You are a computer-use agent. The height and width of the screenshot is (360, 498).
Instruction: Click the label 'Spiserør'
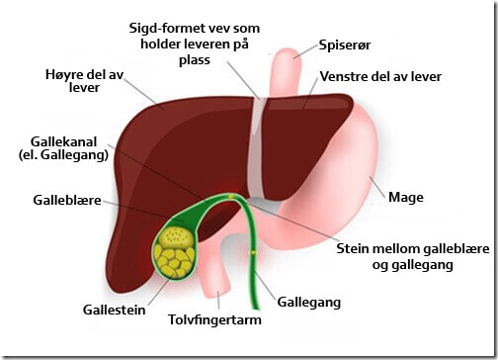(x=342, y=45)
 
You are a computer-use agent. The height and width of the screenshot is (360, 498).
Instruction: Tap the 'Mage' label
(x=406, y=198)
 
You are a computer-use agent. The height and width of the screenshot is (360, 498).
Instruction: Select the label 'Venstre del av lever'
(x=379, y=77)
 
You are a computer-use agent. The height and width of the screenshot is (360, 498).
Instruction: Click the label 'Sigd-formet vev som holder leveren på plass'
(x=237, y=44)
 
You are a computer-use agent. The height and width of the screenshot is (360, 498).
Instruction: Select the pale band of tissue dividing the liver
(x=257, y=148)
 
